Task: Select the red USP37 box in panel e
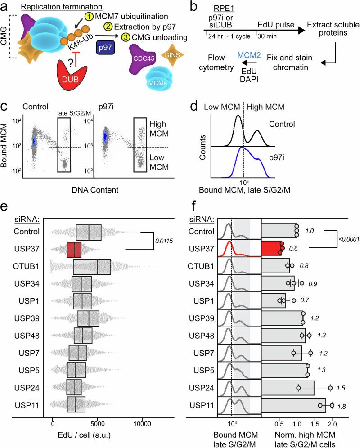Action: point(74,249)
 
